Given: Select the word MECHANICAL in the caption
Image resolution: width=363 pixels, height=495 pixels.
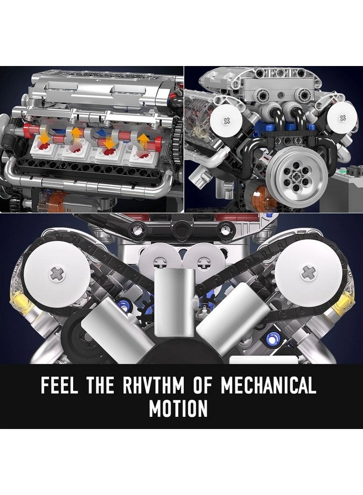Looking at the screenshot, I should tap(268, 386).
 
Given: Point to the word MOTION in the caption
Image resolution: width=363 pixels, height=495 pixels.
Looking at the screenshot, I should tap(178, 409).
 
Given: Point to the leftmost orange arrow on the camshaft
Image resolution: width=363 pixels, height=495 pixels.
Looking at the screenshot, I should tap(44, 137).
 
